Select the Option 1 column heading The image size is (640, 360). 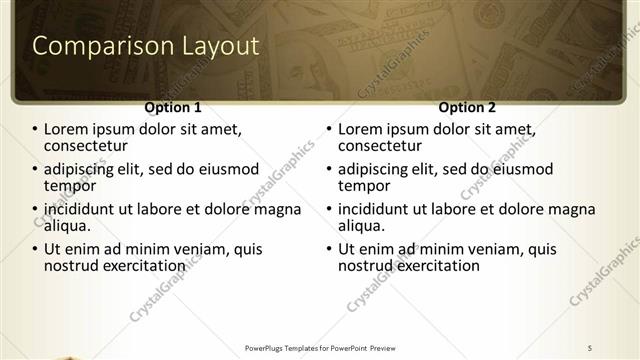coord(173,107)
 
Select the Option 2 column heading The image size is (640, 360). coord(467,107)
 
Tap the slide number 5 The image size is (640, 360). coord(590,347)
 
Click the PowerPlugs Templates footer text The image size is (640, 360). coord(319,347)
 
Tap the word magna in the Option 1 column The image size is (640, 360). coord(278,210)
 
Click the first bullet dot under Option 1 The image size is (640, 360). coord(36,130)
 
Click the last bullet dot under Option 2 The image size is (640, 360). coord(330,250)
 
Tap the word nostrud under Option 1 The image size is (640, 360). coord(73,266)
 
